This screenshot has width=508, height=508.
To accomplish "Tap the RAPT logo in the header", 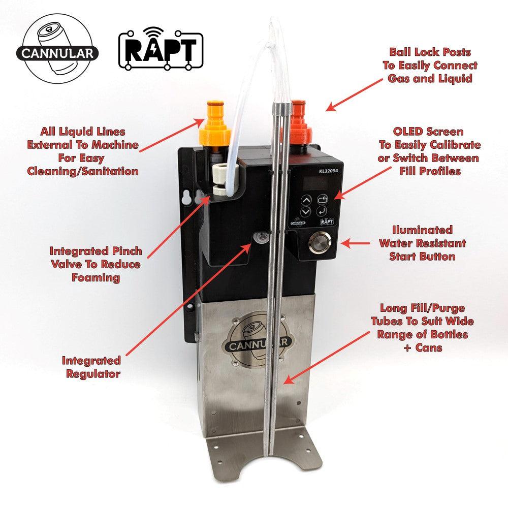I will tap(160, 51).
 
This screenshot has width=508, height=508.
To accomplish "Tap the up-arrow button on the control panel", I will tap(305, 200).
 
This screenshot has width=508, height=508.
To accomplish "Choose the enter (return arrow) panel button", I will tap(322, 210).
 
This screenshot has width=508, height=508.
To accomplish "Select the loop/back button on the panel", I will tap(322, 199).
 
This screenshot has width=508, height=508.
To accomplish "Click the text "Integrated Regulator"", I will tap(91, 367).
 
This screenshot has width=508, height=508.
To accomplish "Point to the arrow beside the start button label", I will tap(353, 243).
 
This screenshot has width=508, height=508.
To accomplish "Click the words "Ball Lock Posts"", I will tap(430, 52).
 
